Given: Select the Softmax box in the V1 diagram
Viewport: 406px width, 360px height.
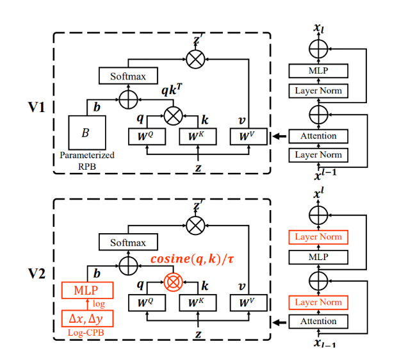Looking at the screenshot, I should (x=128, y=76).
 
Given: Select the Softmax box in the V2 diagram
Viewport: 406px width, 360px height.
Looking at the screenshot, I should (x=128, y=243).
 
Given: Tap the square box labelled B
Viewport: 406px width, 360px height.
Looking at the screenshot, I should (x=85, y=133).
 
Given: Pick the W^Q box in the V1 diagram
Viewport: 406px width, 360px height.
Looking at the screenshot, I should (x=147, y=136).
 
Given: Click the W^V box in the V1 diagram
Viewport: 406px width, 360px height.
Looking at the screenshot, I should (x=247, y=136).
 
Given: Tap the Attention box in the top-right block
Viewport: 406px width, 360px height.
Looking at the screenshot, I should (x=318, y=136).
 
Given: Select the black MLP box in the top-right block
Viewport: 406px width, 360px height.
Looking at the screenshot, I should (x=318, y=70).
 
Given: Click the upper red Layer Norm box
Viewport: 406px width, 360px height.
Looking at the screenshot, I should (x=318, y=236).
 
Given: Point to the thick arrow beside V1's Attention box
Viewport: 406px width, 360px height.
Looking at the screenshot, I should (x=279, y=136).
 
